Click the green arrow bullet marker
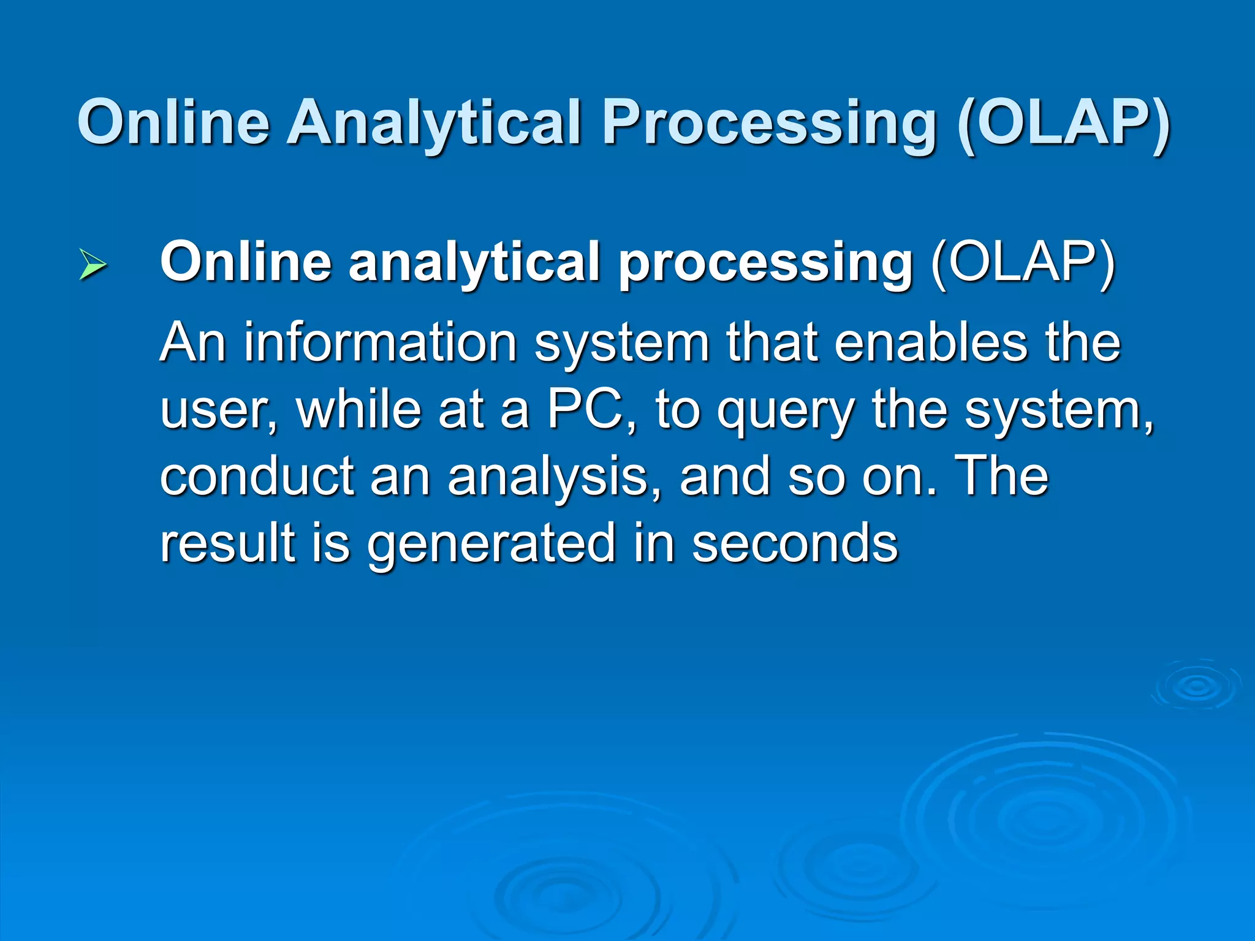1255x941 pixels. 93,265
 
